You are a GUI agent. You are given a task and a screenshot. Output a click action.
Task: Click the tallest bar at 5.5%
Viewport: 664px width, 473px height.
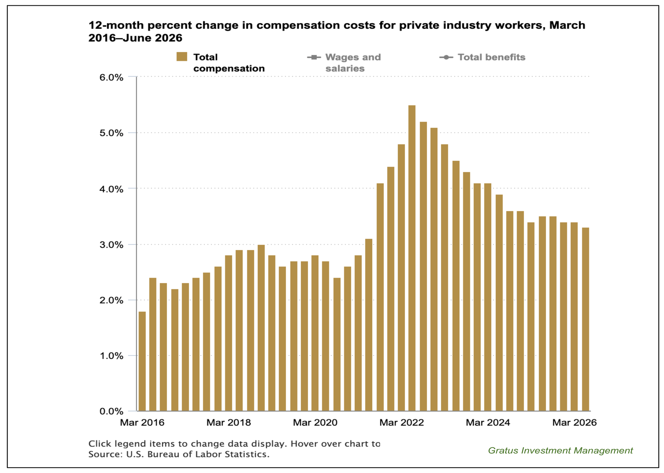[x=412, y=258]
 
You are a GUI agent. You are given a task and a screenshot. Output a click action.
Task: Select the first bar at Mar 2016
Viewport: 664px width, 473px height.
[x=142, y=361]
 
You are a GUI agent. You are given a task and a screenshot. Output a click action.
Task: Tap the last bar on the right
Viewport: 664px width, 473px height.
[x=586, y=319]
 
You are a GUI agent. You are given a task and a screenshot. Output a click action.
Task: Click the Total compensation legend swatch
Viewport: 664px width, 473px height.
[x=182, y=57]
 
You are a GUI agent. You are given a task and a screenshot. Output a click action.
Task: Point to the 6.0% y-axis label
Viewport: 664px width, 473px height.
[x=111, y=78]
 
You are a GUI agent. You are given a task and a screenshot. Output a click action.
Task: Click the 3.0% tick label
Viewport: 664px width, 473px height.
[x=111, y=245]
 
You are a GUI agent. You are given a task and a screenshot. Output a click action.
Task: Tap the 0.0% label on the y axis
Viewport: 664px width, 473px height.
[x=111, y=411]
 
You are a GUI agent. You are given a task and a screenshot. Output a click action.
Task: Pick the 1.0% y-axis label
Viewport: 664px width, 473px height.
[x=111, y=356]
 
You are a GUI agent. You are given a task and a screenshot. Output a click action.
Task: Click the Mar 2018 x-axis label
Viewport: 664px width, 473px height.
[x=229, y=422]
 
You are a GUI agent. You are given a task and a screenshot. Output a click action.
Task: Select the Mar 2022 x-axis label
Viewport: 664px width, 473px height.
[x=402, y=422]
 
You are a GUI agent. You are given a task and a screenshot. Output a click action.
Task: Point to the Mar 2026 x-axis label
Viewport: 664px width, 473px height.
[x=574, y=422]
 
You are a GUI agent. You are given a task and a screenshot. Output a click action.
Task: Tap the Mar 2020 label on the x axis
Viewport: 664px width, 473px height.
[x=315, y=422]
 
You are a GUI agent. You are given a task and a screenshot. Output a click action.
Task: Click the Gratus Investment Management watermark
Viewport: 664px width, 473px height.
[x=560, y=451]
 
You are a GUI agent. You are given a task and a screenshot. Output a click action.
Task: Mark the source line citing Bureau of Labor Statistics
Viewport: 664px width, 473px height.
[x=179, y=454]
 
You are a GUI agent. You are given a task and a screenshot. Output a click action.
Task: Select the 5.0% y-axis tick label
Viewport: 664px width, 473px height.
[x=111, y=133]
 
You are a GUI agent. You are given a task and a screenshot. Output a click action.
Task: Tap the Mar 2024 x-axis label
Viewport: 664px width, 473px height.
[x=488, y=422]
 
